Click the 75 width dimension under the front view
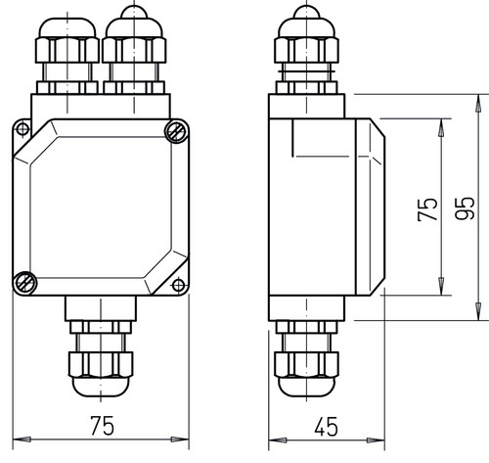point(103,426)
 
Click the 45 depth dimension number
point(327,427)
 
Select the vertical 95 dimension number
point(465,208)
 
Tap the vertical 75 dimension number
point(427,209)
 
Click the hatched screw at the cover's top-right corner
point(176,131)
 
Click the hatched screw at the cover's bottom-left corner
point(25,283)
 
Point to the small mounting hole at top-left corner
point(22,129)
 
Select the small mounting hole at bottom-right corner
point(178,285)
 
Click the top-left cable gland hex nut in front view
point(67,50)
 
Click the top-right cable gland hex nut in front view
point(134,50)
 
